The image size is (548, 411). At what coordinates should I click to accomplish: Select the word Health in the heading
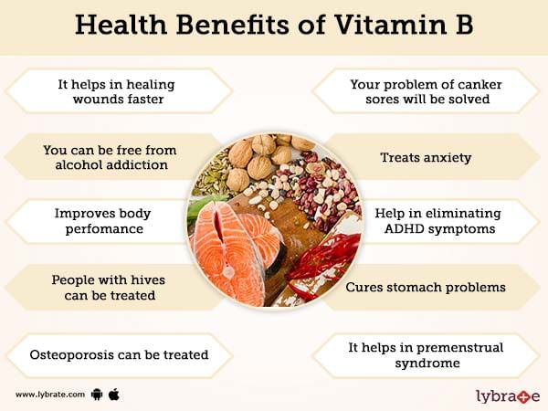(x=121, y=25)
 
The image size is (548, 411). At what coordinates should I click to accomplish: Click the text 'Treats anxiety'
(x=426, y=158)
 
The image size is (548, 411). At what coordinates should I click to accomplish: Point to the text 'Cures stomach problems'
(x=426, y=288)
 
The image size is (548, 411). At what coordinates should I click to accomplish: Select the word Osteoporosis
(x=72, y=354)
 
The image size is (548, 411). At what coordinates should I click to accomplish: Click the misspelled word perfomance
(x=104, y=229)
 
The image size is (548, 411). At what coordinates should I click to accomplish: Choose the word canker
(x=481, y=85)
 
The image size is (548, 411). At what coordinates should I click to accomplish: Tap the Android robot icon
(x=97, y=395)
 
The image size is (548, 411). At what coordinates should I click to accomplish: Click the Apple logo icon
(x=114, y=395)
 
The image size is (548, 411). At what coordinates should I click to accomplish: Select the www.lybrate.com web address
(x=50, y=395)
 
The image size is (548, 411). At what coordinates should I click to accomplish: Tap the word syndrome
(x=427, y=364)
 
